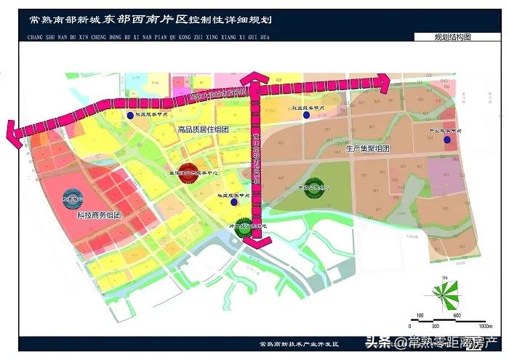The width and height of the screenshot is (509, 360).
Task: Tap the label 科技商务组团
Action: pos(97,216)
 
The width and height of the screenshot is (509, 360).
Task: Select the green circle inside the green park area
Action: pos(315,186)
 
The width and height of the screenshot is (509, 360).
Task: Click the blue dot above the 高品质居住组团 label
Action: pos(130,115)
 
